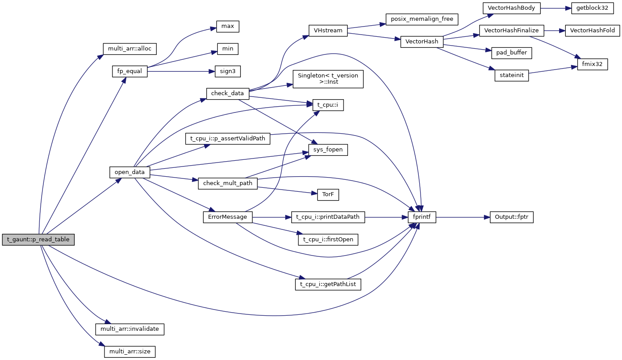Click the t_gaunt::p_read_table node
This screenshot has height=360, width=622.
point(39,240)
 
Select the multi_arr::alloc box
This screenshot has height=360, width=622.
point(130,48)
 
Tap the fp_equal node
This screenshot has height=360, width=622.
point(130,71)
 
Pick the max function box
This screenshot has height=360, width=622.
point(228,27)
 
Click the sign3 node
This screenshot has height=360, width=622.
point(227,71)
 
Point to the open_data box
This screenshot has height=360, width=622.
point(130,172)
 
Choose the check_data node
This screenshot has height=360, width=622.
point(228,93)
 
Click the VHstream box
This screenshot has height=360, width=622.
point(328,30)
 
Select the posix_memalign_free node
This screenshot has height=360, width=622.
point(421,19)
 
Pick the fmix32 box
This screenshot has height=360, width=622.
point(592,64)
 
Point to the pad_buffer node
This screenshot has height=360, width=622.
point(511,53)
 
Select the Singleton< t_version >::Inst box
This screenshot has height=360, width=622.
point(328,79)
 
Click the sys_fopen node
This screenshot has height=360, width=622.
point(328,150)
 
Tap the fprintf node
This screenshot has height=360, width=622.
point(422,217)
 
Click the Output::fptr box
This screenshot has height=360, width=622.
point(511,217)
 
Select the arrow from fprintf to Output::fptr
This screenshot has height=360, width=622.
point(463,217)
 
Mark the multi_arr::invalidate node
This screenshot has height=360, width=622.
point(130,329)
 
